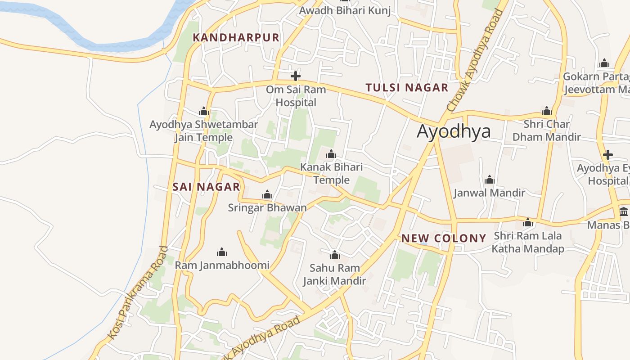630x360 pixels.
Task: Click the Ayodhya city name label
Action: (x=454, y=131)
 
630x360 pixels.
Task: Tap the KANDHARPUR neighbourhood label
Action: (x=236, y=38)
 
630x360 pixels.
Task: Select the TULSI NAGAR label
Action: (x=407, y=88)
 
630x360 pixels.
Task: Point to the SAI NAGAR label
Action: (x=207, y=187)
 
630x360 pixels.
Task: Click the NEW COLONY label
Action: (x=444, y=238)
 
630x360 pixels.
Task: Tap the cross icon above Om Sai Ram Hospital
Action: (x=296, y=76)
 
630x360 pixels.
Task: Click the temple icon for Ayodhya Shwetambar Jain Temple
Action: (x=204, y=111)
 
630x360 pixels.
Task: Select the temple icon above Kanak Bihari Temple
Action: (x=331, y=154)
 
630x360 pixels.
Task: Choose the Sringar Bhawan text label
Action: (x=267, y=207)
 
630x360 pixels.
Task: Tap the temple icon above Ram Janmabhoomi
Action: (x=221, y=252)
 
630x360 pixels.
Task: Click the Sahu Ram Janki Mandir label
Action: (x=334, y=274)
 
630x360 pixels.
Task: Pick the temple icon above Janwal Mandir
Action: (x=490, y=180)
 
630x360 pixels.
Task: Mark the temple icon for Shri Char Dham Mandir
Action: (x=547, y=111)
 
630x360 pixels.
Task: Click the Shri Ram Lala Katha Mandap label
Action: (x=528, y=242)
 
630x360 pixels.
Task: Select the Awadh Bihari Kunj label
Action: (x=345, y=10)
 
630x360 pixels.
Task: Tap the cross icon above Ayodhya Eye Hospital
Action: (x=608, y=155)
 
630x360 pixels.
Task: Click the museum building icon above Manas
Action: (x=624, y=211)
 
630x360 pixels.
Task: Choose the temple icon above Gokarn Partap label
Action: (x=605, y=63)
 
